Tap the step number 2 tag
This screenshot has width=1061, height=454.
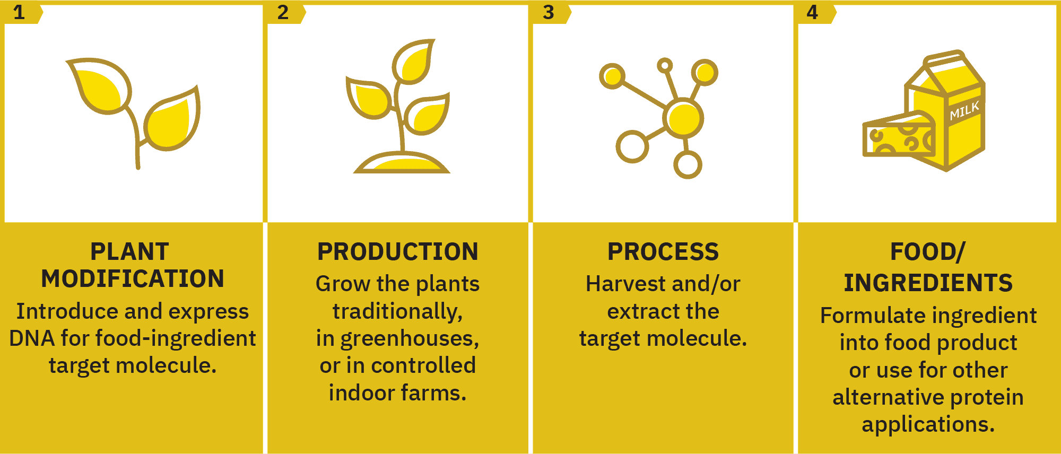click(x=285, y=12)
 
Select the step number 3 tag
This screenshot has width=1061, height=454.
click(x=550, y=12)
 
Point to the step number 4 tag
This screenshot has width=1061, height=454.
click(x=815, y=12)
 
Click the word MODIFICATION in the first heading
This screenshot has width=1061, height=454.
click(x=133, y=279)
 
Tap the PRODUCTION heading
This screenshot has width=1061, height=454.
click(x=398, y=252)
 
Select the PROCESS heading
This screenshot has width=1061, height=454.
click(x=663, y=252)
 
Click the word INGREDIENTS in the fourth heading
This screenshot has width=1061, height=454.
click(x=928, y=283)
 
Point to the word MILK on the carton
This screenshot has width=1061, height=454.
click(x=964, y=111)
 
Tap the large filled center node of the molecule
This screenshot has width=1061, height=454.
click(x=684, y=118)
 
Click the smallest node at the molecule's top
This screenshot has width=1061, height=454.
click(x=665, y=65)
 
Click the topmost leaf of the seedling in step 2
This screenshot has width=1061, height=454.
click(x=414, y=62)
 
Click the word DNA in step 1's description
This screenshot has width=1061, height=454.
click(x=32, y=338)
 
